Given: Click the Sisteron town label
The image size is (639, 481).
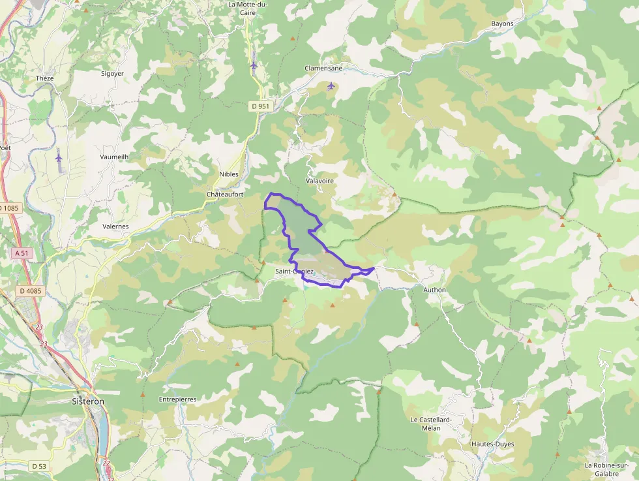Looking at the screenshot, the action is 87,401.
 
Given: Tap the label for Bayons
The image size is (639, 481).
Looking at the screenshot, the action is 502,23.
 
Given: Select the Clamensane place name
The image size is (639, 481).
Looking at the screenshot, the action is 323,68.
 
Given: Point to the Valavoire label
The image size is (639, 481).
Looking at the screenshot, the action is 319,181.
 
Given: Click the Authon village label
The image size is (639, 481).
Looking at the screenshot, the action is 434,290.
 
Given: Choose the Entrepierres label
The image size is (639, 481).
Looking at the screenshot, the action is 177,399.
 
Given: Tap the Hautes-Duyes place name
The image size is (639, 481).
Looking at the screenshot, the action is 492,444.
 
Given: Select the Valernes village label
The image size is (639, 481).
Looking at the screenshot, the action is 115,226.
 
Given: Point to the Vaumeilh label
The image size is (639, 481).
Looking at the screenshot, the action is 114,157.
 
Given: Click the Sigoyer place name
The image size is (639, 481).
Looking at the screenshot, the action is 112,74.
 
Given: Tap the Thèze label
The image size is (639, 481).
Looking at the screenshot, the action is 45,78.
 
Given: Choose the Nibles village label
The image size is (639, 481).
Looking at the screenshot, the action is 229,174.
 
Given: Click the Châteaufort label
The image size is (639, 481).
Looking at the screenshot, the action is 225,194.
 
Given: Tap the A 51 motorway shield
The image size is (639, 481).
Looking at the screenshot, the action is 20,253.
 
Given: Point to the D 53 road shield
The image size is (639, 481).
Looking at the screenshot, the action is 38,466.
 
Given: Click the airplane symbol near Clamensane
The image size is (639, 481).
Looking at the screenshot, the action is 331,85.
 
